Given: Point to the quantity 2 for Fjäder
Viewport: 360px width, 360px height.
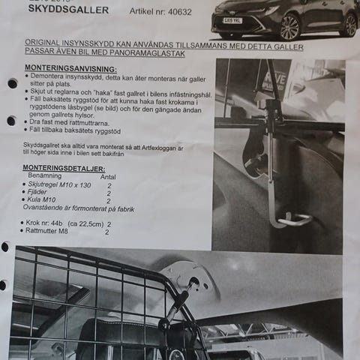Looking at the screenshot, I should tap(109, 193).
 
